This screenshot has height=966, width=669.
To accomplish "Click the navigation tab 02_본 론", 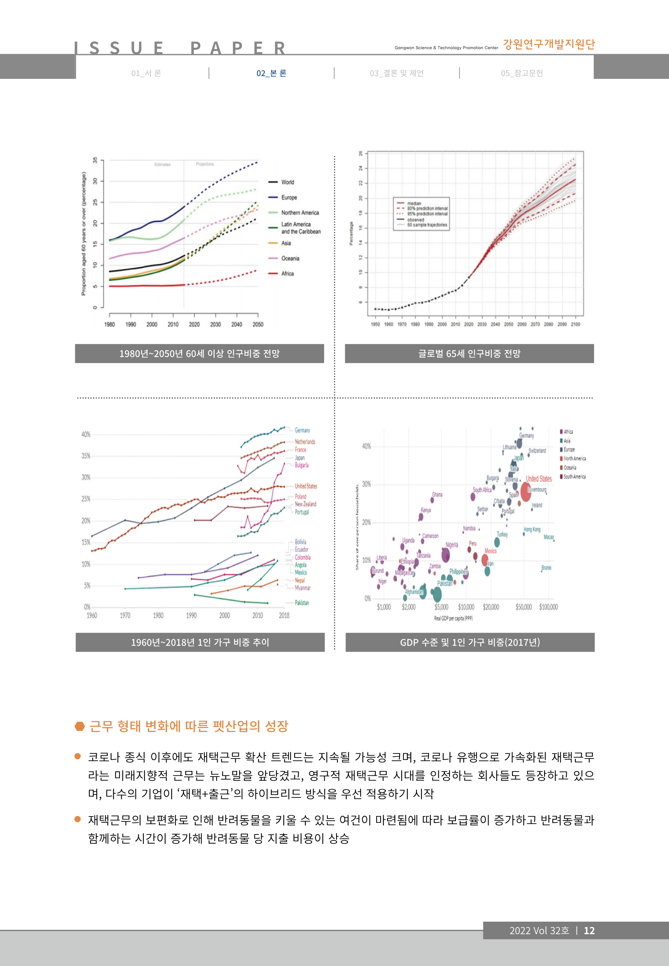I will (x=271, y=73).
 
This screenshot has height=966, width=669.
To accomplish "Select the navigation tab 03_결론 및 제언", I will (x=396, y=73).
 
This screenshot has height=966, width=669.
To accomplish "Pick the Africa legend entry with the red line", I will (x=287, y=274).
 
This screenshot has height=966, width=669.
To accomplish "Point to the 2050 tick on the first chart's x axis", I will (x=258, y=324).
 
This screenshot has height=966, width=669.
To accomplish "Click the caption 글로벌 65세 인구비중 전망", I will (x=469, y=354).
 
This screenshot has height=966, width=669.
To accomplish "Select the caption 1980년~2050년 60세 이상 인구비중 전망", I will (x=199, y=354).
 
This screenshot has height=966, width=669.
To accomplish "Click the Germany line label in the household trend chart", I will (x=302, y=430).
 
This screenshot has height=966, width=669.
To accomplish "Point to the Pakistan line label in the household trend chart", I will (x=302, y=603).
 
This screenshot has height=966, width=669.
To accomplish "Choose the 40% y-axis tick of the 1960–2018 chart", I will (x=86, y=434).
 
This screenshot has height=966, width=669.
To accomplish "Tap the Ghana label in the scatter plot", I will (x=437, y=495).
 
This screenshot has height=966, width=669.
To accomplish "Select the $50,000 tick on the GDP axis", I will (x=524, y=607).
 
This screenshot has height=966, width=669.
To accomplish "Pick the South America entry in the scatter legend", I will (x=574, y=477).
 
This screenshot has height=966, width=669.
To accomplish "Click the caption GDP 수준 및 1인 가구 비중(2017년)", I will (x=469, y=642).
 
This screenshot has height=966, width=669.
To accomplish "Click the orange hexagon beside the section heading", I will (x=80, y=726).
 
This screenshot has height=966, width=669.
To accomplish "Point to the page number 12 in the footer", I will (x=589, y=930).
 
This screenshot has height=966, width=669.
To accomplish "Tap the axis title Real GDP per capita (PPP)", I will (x=453, y=618).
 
